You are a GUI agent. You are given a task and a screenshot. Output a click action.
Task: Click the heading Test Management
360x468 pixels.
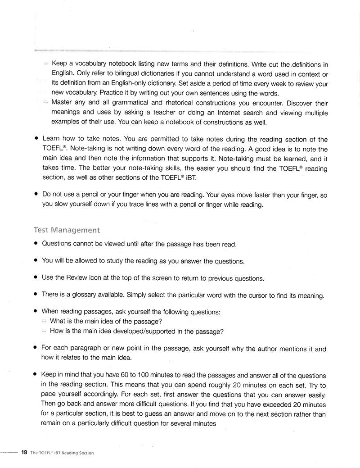pos(67,230)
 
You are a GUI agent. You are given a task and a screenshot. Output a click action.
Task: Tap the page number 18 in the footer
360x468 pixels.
pos(24,452)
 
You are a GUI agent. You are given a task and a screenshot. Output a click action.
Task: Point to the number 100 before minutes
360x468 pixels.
pos(148,375)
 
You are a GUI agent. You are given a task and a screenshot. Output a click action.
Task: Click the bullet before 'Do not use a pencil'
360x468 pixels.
pos(36,195)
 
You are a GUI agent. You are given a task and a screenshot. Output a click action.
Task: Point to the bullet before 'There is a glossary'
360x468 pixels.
pos(36,295)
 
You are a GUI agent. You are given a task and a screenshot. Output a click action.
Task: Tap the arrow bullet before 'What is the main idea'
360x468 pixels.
pos(44,321)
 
